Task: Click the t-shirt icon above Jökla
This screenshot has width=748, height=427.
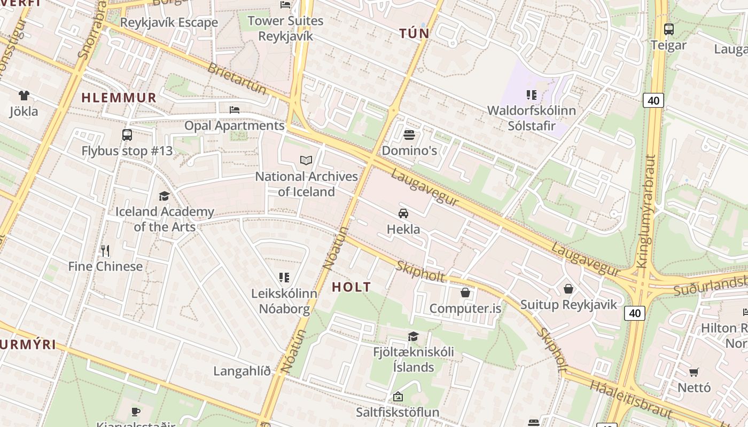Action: [24, 96]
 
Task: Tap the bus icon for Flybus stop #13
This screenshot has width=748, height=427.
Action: [127, 135]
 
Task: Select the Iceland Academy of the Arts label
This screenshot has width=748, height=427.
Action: [165, 219]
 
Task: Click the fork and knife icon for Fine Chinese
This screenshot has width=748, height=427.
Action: [105, 250]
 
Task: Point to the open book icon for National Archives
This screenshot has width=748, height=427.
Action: [306, 160]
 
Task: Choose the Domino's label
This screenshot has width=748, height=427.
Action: [409, 151]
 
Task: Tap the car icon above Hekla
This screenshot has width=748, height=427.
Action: [403, 213]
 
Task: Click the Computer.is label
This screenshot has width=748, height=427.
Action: [465, 309]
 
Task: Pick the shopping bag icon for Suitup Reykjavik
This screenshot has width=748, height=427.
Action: [568, 289]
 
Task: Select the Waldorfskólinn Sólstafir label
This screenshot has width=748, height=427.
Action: [532, 118]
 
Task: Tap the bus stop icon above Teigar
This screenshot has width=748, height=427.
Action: [668, 29]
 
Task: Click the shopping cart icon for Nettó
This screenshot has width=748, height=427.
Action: [694, 371]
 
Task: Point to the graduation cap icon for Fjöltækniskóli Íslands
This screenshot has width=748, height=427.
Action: [413, 336]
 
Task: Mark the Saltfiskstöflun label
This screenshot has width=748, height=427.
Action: [398, 412]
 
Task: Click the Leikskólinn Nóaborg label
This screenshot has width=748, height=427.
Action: [284, 301]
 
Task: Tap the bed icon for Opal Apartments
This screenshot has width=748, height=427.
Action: [234, 109]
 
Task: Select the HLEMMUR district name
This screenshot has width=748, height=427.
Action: [119, 98]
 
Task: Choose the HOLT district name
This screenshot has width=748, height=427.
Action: [351, 287]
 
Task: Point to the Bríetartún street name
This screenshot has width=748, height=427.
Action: [237, 78]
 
